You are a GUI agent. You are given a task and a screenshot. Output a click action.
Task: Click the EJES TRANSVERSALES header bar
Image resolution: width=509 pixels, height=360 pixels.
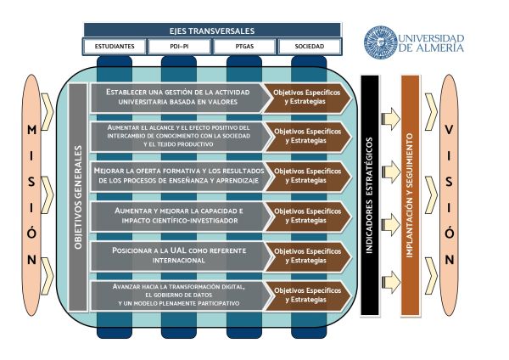click(212, 31)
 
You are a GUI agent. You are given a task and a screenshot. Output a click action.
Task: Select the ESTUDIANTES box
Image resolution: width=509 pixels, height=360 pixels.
click(115, 47)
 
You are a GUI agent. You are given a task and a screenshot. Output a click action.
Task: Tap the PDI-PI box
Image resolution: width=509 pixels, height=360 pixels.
click(179, 47)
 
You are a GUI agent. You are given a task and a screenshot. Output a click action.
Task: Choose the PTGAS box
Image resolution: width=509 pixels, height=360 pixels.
click(244, 47)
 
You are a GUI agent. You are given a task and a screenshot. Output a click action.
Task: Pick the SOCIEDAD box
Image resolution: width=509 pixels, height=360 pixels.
click(310, 47)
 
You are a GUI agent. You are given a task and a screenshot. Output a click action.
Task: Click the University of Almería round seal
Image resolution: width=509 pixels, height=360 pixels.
click(380, 42)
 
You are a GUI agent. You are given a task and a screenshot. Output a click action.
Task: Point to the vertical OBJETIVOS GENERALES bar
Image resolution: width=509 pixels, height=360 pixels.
click(78, 197)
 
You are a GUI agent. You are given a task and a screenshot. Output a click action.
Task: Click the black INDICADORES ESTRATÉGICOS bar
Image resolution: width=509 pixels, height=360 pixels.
click(370, 195)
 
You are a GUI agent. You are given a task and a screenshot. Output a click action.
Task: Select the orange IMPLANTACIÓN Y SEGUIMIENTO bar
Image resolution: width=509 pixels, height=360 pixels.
click(411, 195)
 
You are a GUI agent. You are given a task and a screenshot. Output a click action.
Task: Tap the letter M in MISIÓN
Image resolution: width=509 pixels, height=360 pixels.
click(31, 130)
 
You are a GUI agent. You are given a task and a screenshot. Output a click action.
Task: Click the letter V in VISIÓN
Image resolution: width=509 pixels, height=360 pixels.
click(449, 130)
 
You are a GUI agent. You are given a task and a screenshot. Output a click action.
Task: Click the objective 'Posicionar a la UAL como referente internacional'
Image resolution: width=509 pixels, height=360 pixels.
click(180, 256)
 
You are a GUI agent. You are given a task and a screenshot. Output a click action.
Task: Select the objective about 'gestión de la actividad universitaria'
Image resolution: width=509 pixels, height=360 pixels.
click(178, 97)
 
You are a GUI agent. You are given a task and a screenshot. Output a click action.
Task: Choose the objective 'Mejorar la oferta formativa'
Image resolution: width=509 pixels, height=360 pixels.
click(180, 176)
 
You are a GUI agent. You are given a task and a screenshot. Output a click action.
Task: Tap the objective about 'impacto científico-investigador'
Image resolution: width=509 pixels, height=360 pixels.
click(180, 216)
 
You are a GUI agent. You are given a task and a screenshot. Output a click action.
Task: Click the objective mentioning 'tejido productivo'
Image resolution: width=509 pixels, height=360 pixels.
click(180, 137)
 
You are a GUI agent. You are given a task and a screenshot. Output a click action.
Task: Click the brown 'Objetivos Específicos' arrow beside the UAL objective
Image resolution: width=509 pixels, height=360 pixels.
click(308, 256)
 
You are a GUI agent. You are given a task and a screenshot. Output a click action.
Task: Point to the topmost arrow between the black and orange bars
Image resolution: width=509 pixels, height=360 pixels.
click(390, 119)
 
